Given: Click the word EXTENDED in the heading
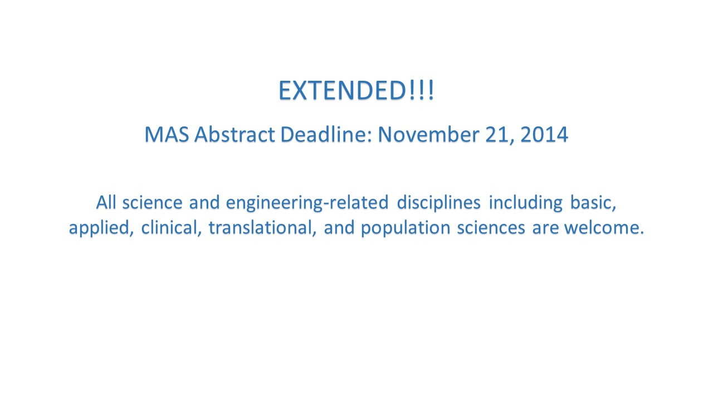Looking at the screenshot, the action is [343, 90].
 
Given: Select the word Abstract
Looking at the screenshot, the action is [235, 134].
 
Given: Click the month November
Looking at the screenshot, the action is [428, 134].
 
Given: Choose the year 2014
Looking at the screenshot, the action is [544, 134].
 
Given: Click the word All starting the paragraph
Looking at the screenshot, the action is [106, 202].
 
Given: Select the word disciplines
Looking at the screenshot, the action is [438, 203].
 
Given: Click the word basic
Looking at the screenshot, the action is [593, 203].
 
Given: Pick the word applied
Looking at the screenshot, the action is [101, 228].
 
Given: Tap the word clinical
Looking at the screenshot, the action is [171, 228].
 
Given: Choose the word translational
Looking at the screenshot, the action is [262, 228].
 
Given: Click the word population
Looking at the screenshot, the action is [406, 228].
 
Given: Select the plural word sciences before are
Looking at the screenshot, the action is [491, 228].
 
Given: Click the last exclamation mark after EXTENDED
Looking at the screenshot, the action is [431, 90].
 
